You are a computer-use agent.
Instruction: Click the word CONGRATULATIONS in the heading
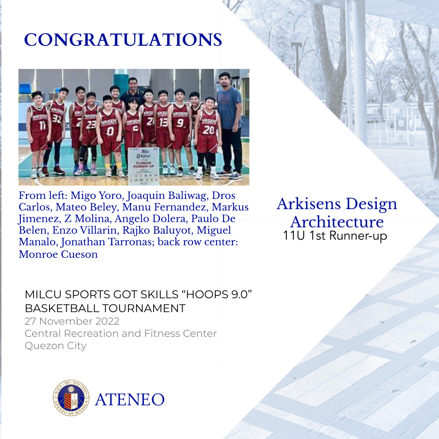[x=123, y=40]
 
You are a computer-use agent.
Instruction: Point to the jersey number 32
[x=57, y=119]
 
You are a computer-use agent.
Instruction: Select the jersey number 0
[x=110, y=131]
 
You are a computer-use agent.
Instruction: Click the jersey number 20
[x=208, y=130]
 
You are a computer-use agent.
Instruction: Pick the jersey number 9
[x=180, y=123]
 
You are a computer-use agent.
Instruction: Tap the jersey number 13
[x=163, y=122]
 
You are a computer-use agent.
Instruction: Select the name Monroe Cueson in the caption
[x=58, y=254]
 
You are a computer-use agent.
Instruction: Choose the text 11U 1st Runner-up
[x=335, y=236]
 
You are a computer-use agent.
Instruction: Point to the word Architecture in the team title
[x=337, y=222]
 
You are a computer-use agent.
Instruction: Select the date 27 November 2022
[x=72, y=321]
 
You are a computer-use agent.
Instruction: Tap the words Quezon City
[x=56, y=346]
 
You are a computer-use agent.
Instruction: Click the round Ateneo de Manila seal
[x=71, y=398]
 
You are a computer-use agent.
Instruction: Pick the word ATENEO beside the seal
[x=130, y=400]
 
